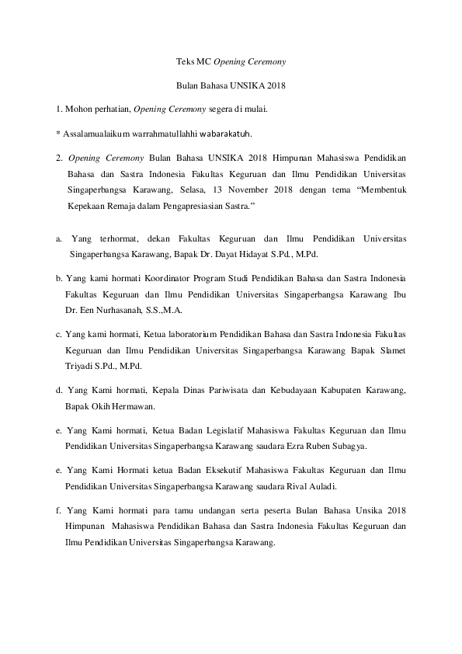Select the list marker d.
(59, 390)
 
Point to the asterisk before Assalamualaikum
(58, 133)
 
